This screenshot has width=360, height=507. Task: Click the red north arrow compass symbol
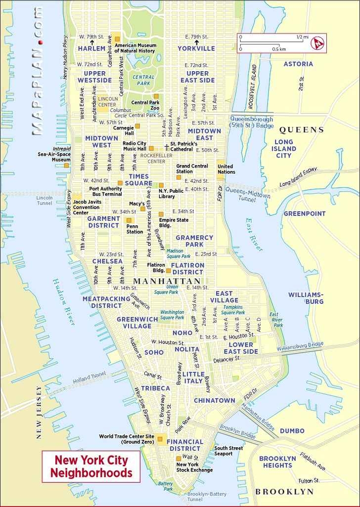(316, 43)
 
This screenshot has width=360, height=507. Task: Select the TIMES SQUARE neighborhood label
(140, 179)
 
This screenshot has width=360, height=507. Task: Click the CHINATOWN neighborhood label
(214, 400)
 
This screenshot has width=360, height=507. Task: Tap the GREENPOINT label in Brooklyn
(304, 213)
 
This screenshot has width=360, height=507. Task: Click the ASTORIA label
(298, 64)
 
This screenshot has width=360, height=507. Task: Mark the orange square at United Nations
(219, 162)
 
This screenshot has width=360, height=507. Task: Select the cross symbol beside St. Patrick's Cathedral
(166, 147)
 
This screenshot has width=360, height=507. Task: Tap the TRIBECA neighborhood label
(155, 388)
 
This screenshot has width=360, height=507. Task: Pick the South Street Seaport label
(228, 451)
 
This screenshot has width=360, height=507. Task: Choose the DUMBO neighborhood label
(292, 430)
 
